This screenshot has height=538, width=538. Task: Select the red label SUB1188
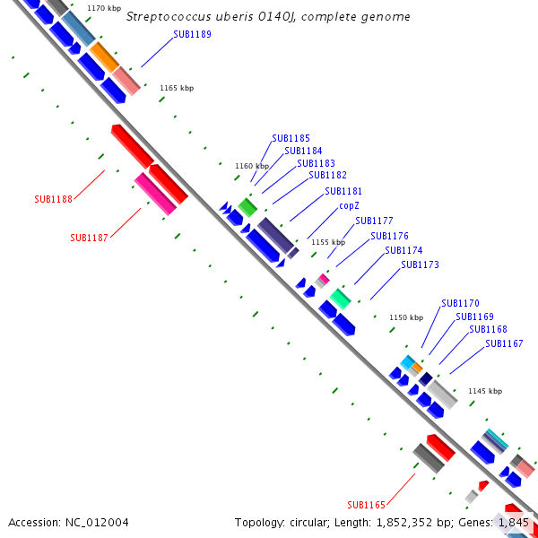[53, 199]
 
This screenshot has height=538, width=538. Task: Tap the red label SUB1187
[89, 238]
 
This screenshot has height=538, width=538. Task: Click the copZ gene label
[349, 205]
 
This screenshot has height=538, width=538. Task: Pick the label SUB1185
[291, 138]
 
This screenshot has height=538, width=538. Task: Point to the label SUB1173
[420, 265]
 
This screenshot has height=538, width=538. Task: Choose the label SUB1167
[504, 343]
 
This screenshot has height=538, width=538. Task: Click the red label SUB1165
[366, 504]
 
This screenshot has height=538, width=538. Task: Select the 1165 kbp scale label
[177, 88]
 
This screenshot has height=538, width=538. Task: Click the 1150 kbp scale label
[405, 317]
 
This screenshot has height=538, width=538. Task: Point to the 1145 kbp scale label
[485, 391]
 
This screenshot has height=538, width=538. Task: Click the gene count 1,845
[513, 522]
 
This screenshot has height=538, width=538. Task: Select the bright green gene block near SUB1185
[247, 207]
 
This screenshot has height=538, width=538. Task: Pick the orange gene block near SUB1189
[104, 56]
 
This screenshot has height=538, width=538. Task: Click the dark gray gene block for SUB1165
[429, 457]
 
